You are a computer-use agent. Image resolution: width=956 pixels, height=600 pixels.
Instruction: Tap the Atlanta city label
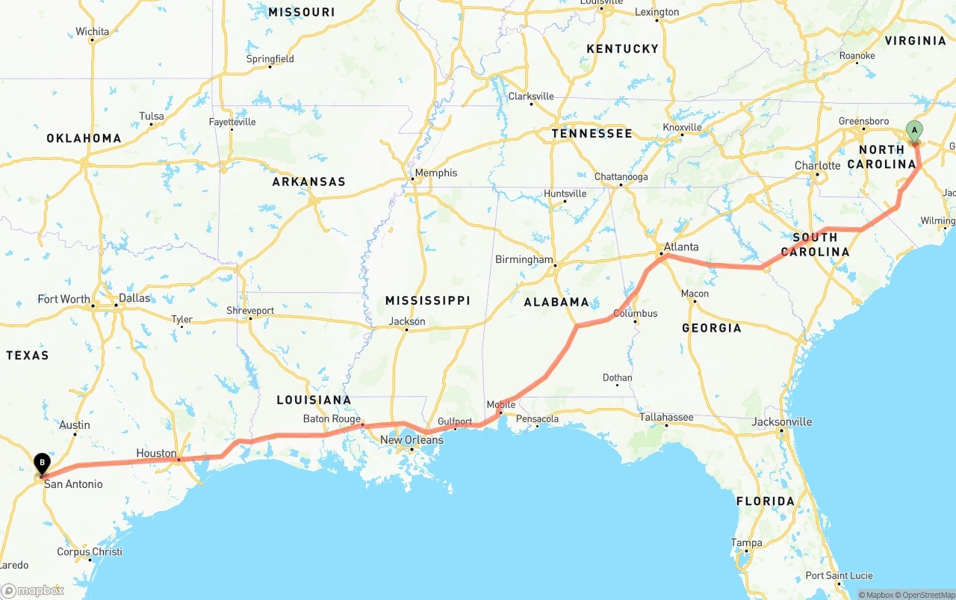[x=681, y=247]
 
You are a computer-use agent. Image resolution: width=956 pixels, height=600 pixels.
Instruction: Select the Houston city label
[x=156, y=454]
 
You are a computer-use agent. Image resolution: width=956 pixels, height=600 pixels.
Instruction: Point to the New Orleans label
[x=412, y=440]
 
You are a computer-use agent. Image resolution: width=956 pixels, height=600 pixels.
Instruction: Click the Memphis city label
[x=435, y=173]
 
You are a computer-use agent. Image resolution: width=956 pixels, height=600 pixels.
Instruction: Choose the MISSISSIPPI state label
[x=427, y=300]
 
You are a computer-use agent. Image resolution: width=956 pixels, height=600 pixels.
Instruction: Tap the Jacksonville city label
[x=781, y=421]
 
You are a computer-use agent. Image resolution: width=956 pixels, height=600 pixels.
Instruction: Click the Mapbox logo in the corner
[x=33, y=590]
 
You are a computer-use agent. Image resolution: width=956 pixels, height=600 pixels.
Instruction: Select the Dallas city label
[x=134, y=298]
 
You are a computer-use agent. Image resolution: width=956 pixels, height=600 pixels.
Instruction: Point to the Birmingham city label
[x=524, y=259]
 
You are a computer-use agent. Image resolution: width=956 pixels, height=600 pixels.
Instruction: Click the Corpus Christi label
[x=90, y=552]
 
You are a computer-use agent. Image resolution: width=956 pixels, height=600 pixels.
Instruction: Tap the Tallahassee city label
[x=666, y=417]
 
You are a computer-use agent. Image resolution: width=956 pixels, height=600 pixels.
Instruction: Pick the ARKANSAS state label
[x=308, y=182]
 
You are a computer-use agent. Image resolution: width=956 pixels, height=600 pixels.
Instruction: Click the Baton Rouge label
[x=332, y=419]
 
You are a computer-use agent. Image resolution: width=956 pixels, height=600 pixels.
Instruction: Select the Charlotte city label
[x=817, y=165]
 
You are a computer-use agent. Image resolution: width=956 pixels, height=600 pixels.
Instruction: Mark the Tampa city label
[x=747, y=542]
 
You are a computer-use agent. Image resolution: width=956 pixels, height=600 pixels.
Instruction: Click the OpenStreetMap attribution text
[x=926, y=595]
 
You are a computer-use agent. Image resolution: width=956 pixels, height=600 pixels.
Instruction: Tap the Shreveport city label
[x=250, y=310]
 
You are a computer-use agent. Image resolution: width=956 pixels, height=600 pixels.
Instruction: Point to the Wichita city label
[x=92, y=31]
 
